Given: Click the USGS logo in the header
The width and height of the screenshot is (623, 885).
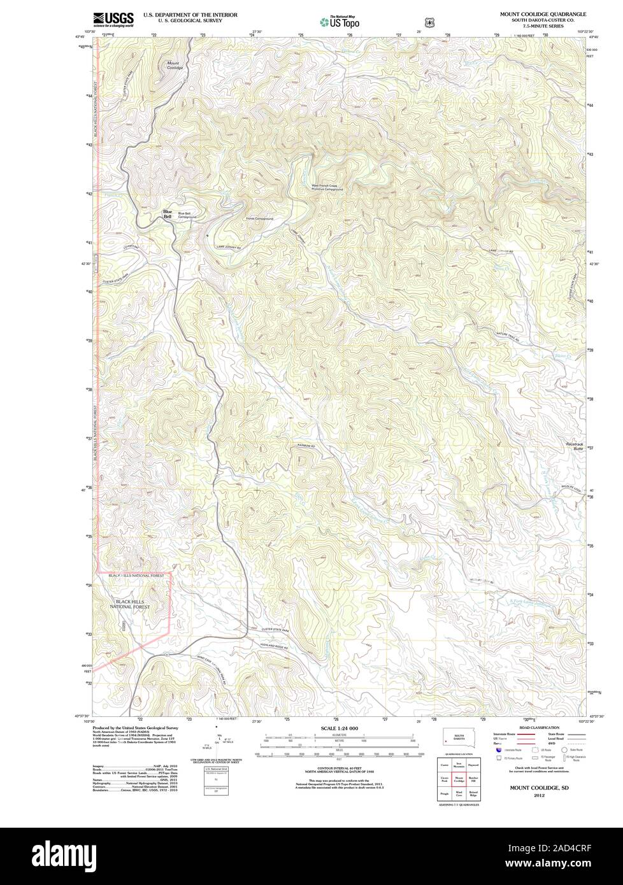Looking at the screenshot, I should click(x=113, y=19).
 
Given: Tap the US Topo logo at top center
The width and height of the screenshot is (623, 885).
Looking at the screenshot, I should click(x=340, y=22).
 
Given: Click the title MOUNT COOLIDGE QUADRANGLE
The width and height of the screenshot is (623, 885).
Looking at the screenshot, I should click(x=548, y=13).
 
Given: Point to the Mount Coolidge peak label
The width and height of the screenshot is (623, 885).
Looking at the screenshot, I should click(x=175, y=65).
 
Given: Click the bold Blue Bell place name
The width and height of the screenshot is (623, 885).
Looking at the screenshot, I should click(x=168, y=215).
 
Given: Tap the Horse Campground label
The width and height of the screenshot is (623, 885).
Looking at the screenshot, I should click(x=259, y=218).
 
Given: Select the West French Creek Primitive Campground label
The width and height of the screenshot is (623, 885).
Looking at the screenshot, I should click(x=327, y=188).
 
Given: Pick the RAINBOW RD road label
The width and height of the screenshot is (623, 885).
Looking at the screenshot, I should click(x=306, y=445).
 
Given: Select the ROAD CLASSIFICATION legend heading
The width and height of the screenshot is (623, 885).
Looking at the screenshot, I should click(x=540, y=727).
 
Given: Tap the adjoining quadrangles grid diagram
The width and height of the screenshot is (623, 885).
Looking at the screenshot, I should click(x=459, y=778).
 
